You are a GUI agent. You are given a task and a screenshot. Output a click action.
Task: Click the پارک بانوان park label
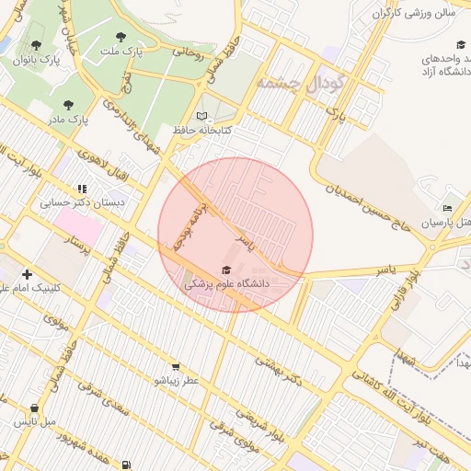(35, 59)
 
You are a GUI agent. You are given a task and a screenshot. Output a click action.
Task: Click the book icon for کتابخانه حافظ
(202, 117)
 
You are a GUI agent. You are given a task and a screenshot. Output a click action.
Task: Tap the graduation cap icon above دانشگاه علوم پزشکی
(226, 270)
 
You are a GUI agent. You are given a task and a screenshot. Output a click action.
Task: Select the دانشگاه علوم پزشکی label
(226, 285)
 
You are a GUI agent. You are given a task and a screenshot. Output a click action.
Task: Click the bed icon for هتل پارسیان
(448, 209)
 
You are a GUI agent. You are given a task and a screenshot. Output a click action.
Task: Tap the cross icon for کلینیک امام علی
(27, 274)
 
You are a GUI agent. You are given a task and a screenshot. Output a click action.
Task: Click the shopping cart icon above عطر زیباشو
(176, 366)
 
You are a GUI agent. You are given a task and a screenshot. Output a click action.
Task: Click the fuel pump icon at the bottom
(126, 465)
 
